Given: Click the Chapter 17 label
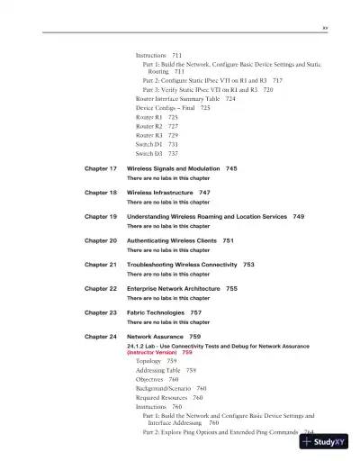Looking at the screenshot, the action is [101, 168].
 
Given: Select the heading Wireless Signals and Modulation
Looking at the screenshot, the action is [175, 168].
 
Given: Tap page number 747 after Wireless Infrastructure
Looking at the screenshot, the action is [204, 193].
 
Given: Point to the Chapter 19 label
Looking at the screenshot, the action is [101, 217].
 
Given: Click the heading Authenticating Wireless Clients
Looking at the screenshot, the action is [171, 241].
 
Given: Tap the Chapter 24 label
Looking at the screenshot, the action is [101, 337].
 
